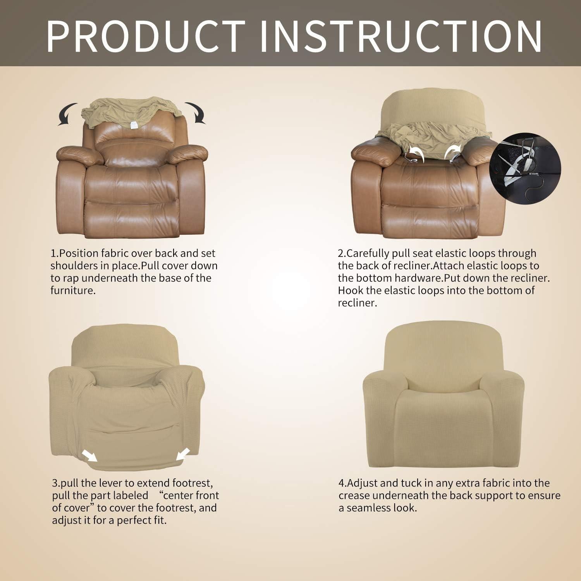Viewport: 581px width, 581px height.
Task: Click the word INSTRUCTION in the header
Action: pos(401,36)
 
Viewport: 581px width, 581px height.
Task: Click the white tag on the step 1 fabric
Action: pos(134,125)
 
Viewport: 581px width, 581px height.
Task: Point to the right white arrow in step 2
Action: pos(451,151)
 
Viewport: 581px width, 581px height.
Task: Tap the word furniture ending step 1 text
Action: pos(72,290)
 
